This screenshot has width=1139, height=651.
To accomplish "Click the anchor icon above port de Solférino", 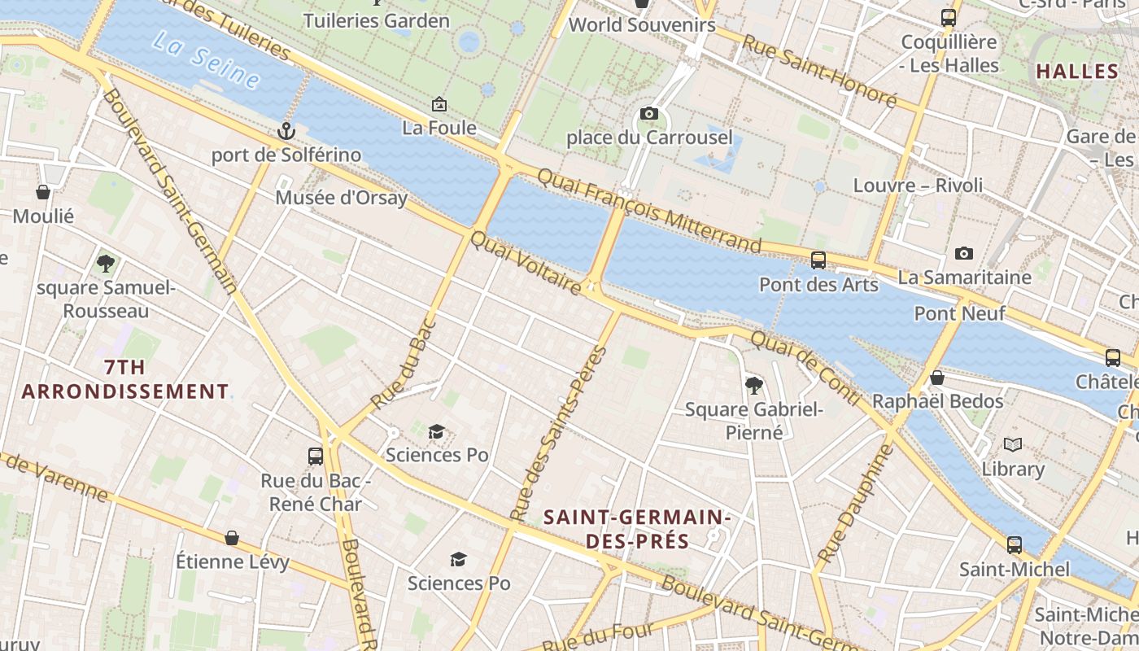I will [286, 130].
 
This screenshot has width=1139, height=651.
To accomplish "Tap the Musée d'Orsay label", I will [341, 198].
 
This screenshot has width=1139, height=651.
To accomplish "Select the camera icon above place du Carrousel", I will [648, 113].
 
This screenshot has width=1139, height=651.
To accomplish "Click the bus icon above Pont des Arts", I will [818, 260].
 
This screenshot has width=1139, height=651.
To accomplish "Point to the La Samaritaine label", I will [964, 277].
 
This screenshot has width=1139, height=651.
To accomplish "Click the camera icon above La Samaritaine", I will [964, 254].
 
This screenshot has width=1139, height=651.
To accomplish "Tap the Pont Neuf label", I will [960, 313].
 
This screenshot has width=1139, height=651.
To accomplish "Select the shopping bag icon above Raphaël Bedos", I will [937, 378].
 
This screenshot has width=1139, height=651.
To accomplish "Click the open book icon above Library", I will [1013, 445].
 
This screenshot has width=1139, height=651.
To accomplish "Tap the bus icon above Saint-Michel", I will [1015, 545].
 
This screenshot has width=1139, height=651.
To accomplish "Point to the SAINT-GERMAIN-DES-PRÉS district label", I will [637, 529].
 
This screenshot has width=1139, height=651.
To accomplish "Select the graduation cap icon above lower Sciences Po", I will [459, 559].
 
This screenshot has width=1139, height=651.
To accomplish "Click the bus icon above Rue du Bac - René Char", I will [316, 457].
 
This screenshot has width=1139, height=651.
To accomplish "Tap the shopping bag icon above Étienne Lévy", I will [232, 538].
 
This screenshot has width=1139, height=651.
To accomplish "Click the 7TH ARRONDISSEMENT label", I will [125, 379].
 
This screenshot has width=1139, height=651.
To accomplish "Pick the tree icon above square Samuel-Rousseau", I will [106, 264].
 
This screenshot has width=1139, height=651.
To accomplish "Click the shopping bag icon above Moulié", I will [43, 193].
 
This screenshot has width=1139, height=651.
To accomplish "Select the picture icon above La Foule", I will [439, 104].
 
